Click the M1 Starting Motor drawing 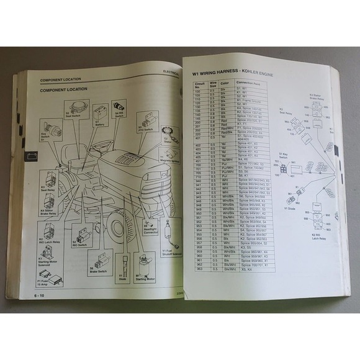click(x=146, y=262)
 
